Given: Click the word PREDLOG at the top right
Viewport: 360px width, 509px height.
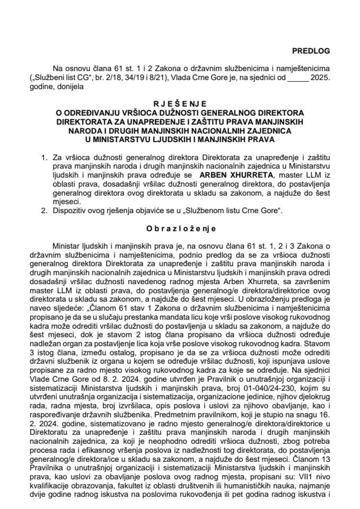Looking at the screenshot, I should click(x=311, y=51).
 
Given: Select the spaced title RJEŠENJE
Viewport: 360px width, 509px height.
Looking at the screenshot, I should click(x=180, y=103).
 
